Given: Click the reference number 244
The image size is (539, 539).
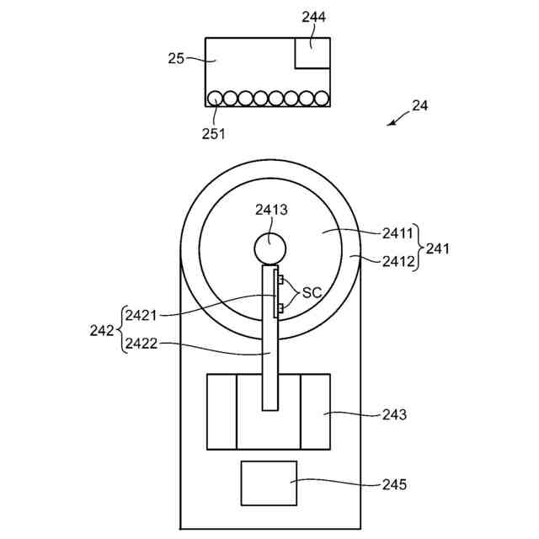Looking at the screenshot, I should [x=313, y=17].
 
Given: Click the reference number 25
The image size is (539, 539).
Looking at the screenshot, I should [x=176, y=58].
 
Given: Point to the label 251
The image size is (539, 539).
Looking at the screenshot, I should [x=213, y=132].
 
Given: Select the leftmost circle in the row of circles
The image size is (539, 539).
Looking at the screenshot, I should [x=216, y=99].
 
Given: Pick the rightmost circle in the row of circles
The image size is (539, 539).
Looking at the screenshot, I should [x=321, y=99].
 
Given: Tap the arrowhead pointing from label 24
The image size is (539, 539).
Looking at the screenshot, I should [x=391, y=124].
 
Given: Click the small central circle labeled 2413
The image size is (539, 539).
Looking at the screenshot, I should [x=270, y=248].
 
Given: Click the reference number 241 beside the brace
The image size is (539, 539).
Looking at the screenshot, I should [x=438, y=248].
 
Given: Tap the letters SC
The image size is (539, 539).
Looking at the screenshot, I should [x=312, y=292].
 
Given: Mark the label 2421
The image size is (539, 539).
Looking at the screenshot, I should [x=141, y=315].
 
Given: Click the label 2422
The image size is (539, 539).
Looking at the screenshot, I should [x=141, y=344].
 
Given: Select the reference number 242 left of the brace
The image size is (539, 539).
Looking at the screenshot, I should [x=101, y=330].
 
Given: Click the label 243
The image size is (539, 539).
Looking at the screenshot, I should [x=393, y=414].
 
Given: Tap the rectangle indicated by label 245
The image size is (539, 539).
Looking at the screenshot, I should [x=269, y=483].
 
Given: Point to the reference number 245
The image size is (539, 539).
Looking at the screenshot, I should [x=393, y=484].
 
